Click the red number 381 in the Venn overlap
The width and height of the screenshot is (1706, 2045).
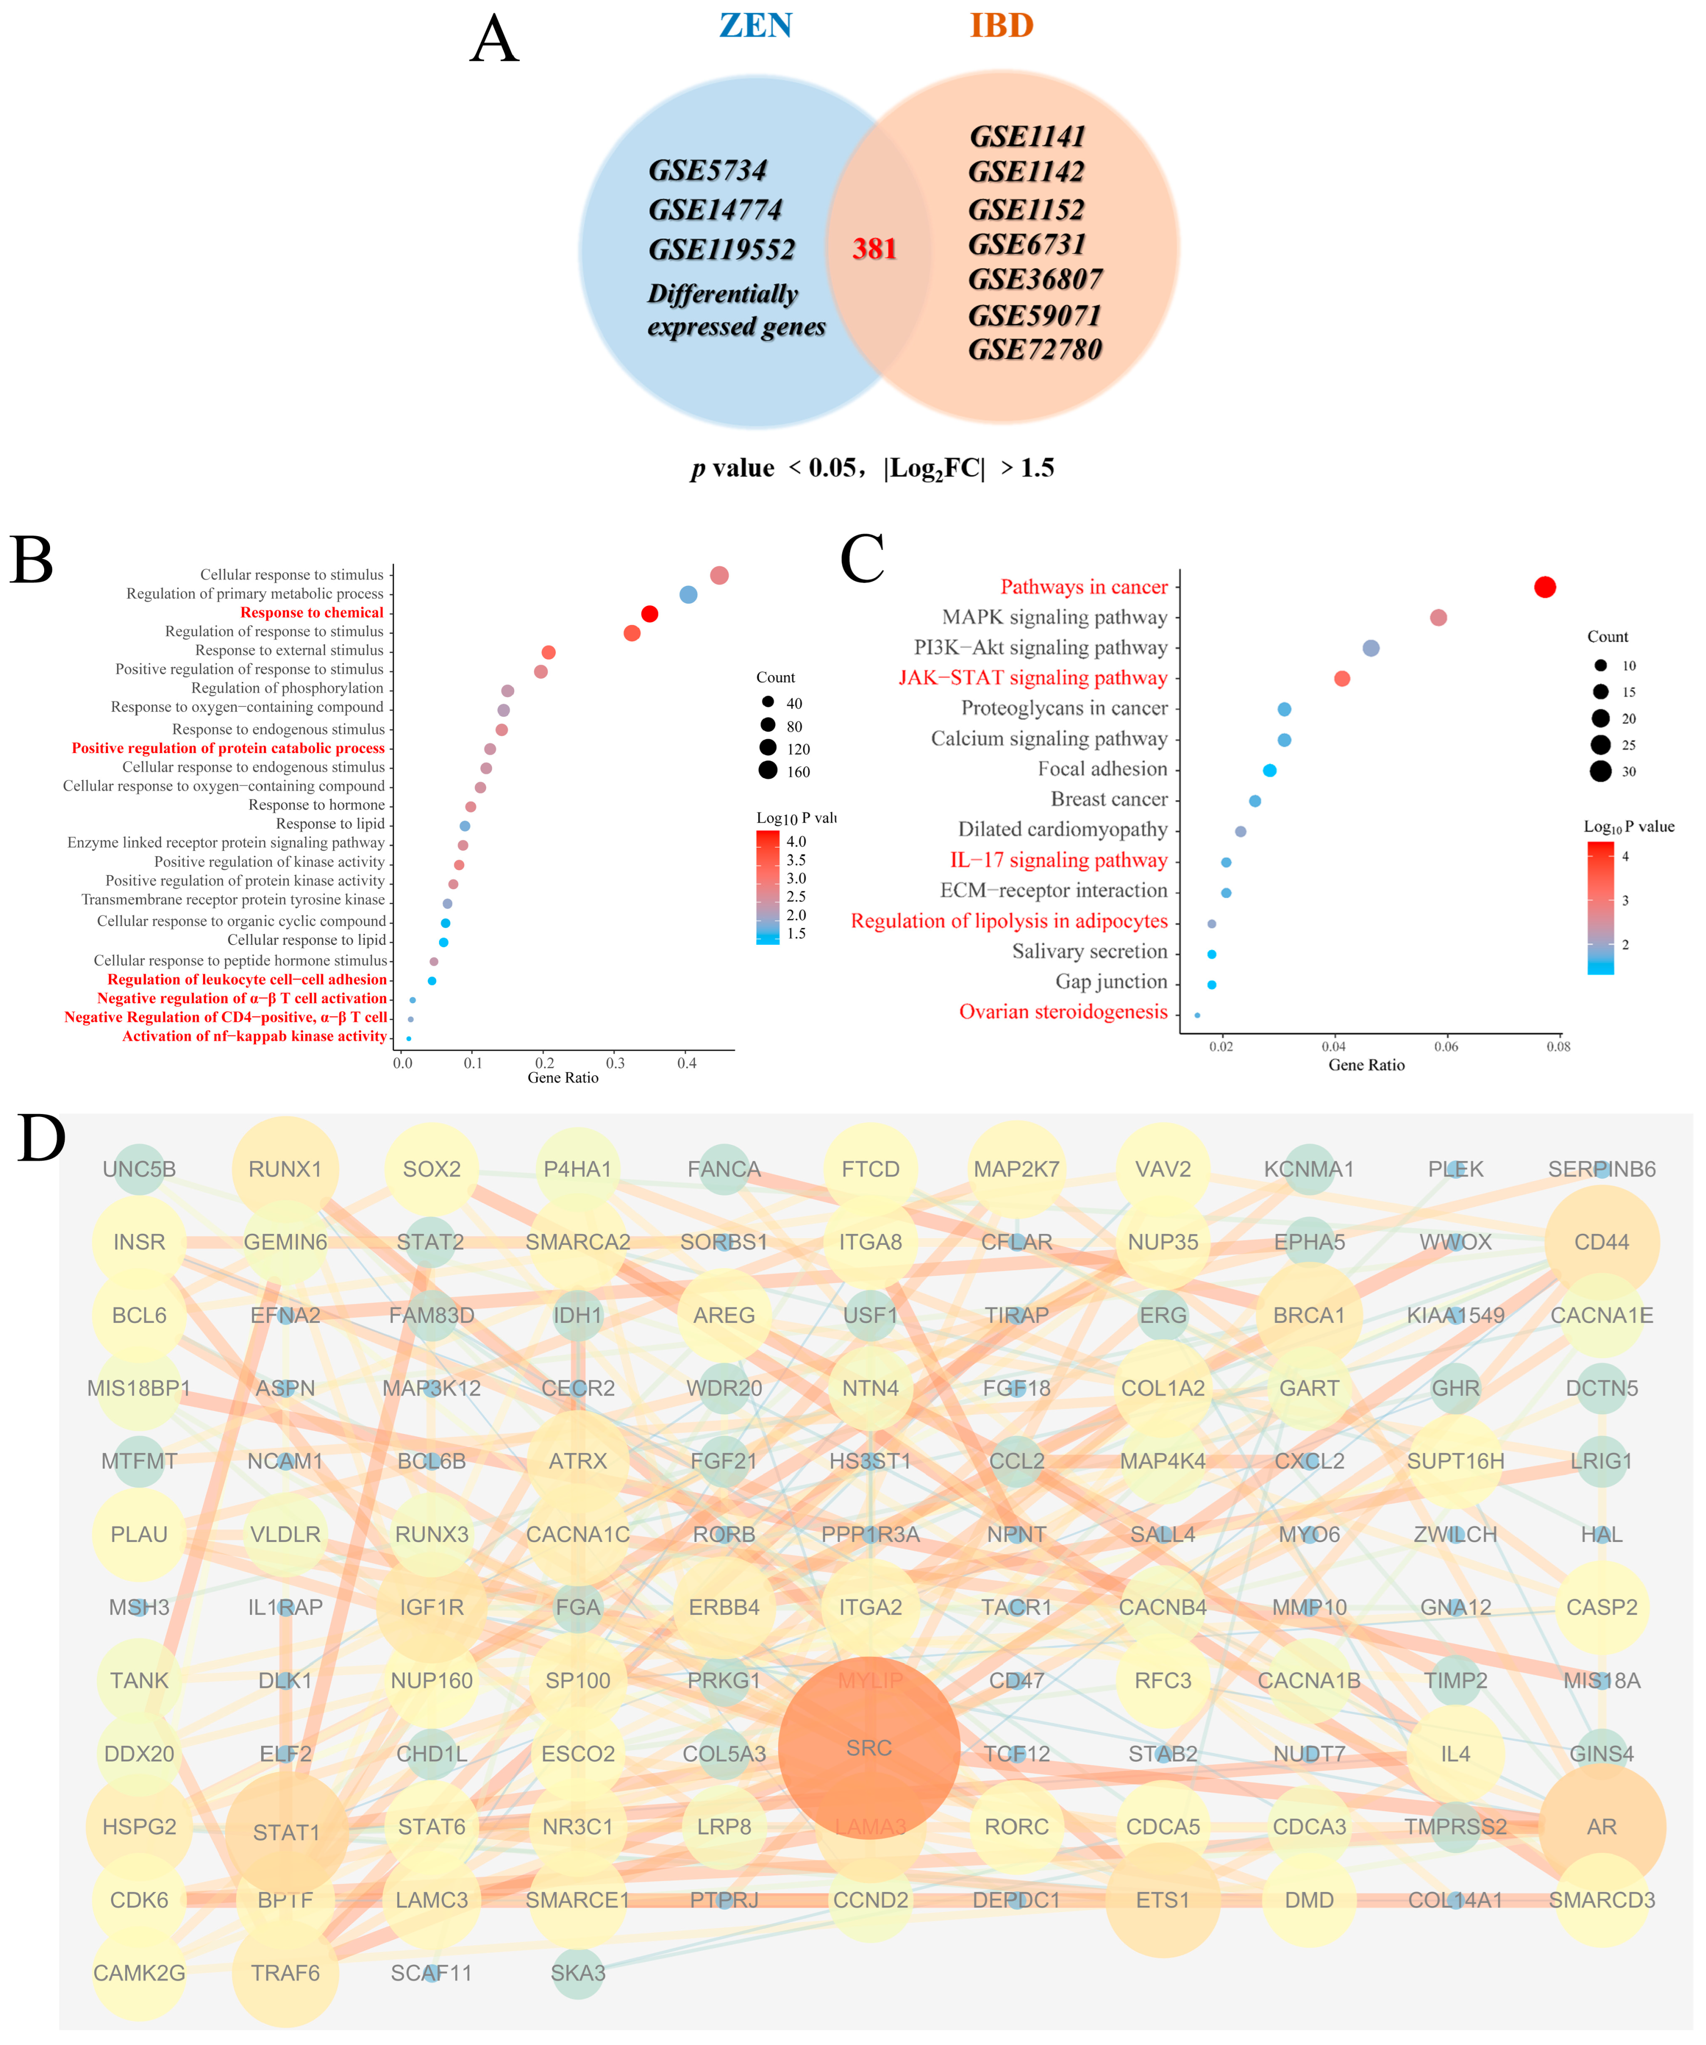pos(874,249)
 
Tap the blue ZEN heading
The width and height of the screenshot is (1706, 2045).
pos(755,26)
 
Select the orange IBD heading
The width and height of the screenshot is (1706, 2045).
pos(1001,26)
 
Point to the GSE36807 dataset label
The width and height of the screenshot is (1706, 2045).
pos(1035,280)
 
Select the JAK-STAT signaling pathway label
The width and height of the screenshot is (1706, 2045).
pos(1032,678)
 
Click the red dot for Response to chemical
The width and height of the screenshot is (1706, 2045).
pos(649,614)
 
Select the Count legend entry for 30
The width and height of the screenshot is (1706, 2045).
pos(1600,771)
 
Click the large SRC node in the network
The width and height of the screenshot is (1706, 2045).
pos(869,1748)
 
